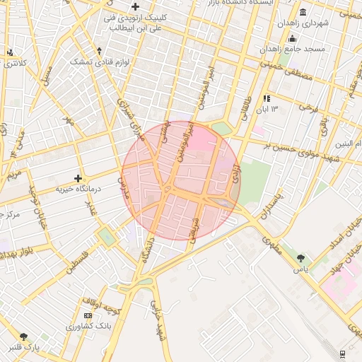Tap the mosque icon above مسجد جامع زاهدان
292,37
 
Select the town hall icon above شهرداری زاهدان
303,12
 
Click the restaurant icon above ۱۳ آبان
267,98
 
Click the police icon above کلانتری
10,52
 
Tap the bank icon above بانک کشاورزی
88,315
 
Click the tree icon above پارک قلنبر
24,337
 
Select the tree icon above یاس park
301,258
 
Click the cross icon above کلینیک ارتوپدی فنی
135,6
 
